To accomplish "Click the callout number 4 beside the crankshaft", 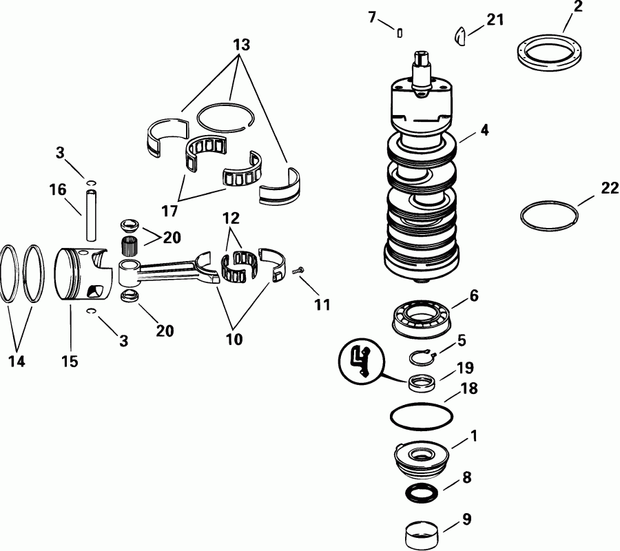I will tap(485, 129).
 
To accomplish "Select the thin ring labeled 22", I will tap(548, 215).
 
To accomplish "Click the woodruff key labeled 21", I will tap(462, 34).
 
